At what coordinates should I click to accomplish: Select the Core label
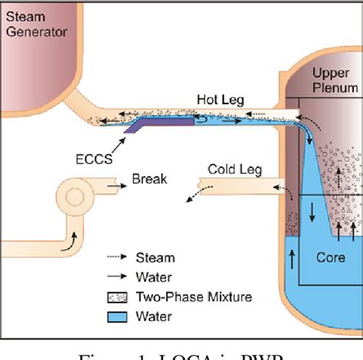[x=331, y=257]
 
